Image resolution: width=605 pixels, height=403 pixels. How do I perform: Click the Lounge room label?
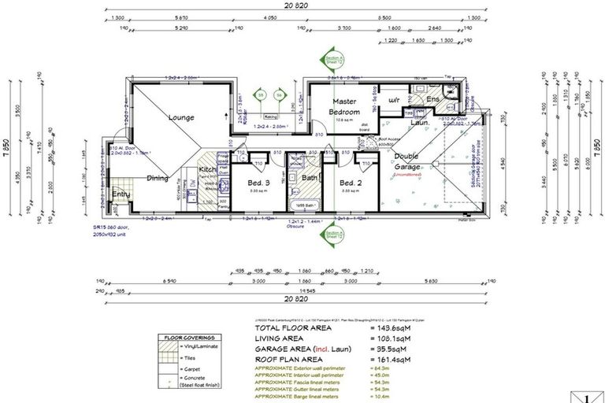[181, 118]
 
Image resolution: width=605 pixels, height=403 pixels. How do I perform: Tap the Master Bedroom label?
[344, 106]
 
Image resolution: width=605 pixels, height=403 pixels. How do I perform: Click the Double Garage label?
[406, 161]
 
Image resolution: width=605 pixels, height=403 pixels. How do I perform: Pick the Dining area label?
[158, 178]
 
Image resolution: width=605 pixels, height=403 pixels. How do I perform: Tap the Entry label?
[121, 194]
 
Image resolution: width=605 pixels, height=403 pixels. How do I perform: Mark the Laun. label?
[419, 123]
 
